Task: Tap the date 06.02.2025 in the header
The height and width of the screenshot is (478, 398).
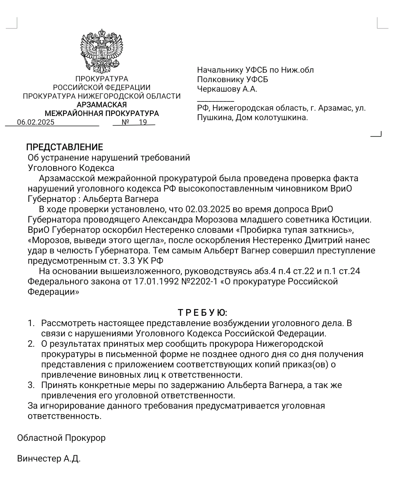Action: [35, 122]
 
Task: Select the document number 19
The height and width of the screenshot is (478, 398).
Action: [143, 122]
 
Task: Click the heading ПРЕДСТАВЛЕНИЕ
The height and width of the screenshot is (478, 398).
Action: [65, 147]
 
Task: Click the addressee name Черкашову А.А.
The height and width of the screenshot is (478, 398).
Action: [227, 89]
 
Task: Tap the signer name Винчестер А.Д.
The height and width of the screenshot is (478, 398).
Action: [49, 459]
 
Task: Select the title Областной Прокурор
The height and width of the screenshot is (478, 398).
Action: [61, 438]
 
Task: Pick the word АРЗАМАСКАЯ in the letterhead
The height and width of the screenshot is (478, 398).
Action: [102, 105]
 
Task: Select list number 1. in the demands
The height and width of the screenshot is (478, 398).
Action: [31, 323]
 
